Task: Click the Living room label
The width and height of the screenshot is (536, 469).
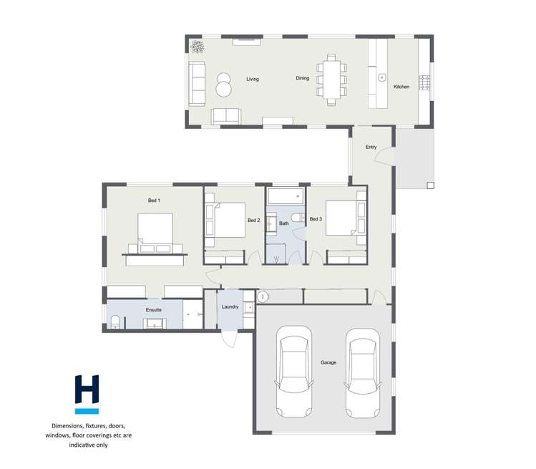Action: [x=252, y=79]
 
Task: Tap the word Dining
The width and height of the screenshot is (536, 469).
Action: [x=303, y=79]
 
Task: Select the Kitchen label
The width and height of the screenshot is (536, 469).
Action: [x=401, y=87]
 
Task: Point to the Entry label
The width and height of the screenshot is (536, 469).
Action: [x=371, y=148]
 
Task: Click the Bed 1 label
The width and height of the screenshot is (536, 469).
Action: [x=154, y=200]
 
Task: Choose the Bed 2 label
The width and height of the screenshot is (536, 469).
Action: [x=253, y=221]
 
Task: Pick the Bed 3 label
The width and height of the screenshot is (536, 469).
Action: [x=316, y=218]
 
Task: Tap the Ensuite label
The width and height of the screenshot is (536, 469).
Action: [x=153, y=309]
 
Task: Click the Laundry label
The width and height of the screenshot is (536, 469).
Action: [x=230, y=307]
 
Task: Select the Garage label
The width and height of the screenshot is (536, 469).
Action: [x=328, y=363]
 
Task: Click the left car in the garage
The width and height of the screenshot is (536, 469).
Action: [x=295, y=369]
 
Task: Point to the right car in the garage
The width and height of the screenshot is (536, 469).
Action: [x=362, y=373]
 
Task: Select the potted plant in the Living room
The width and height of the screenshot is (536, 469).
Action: [x=197, y=47]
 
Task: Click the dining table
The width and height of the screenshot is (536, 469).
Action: [x=331, y=79]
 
